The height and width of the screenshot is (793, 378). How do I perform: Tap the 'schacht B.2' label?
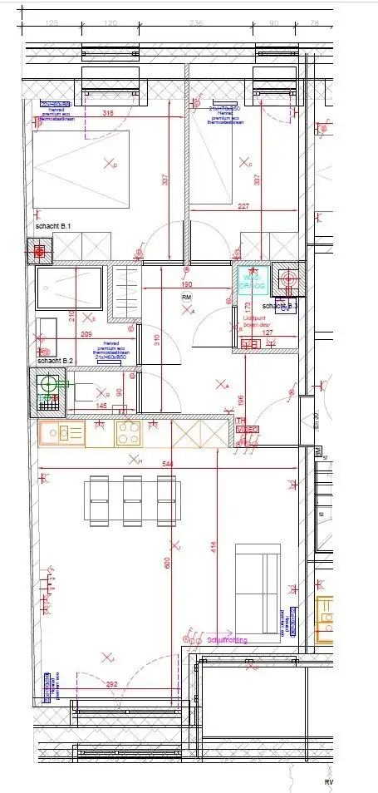click(x=55, y=361)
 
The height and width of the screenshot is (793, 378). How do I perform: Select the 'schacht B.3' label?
click(x=282, y=307)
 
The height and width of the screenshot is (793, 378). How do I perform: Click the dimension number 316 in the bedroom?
click(x=108, y=113)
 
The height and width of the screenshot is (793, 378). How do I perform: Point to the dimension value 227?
click(x=243, y=207)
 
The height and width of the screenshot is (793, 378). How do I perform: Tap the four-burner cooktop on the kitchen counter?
click(x=128, y=433)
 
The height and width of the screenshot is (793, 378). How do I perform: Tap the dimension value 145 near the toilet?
click(x=101, y=405)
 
